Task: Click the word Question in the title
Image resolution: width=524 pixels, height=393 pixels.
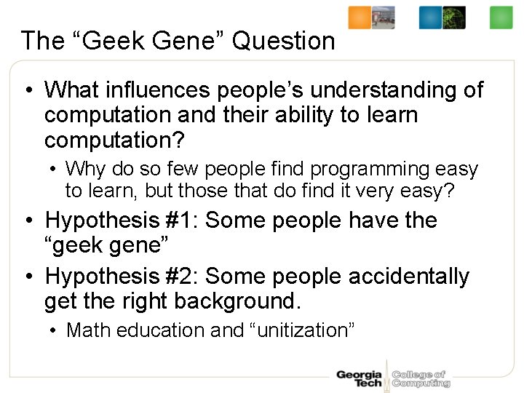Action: click(x=284, y=41)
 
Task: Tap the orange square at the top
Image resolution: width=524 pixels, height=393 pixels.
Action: click(x=360, y=17)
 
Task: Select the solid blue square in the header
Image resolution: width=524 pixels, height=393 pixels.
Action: click(x=430, y=17)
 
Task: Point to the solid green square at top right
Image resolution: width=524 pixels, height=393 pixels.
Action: click(x=501, y=17)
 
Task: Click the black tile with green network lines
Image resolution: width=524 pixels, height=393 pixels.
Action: click(x=454, y=17)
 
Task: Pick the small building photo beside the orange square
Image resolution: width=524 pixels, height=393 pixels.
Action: click(x=384, y=17)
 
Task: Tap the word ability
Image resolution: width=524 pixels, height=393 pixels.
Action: click(x=318, y=114)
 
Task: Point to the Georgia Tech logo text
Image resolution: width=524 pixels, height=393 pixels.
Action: click(x=359, y=379)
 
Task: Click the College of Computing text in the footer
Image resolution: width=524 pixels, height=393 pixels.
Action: click(x=421, y=379)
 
